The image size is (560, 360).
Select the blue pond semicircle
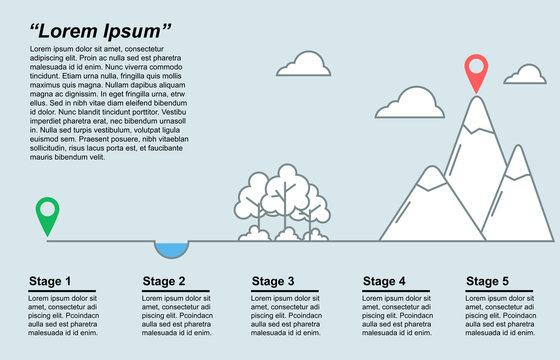point(171,248)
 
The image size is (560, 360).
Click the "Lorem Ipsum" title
point(100,29)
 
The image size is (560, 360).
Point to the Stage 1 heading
point(50,281)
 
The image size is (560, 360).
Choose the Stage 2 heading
point(164,281)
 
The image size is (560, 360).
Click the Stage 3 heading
point(273,281)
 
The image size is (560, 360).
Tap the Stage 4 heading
point(384,281)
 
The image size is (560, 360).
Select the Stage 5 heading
point(487,281)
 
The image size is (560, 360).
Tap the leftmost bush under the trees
point(254,234)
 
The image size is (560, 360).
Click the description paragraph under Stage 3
point(290,316)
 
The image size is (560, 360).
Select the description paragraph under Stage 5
point(500,316)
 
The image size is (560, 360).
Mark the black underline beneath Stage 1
point(62,291)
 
